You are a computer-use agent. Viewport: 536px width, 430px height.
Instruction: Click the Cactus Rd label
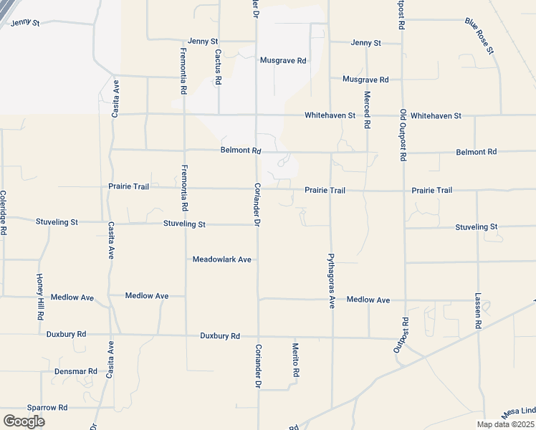216,67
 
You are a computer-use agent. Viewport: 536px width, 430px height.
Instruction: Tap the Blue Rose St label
479,36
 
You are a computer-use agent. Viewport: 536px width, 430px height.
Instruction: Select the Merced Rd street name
367,110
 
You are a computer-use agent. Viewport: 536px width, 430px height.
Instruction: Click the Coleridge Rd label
4,213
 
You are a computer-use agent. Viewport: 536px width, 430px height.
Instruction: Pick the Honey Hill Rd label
41,296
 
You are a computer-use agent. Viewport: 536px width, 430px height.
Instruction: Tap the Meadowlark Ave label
222,259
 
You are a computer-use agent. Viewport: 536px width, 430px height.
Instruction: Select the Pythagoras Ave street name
331,280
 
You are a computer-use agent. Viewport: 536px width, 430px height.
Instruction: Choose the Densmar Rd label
75,371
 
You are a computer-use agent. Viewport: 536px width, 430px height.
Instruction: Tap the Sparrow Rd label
47,407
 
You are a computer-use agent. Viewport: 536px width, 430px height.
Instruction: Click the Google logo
24,421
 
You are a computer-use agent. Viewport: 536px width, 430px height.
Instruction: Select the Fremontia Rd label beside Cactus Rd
184,71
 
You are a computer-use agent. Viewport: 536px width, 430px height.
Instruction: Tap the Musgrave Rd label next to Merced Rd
365,80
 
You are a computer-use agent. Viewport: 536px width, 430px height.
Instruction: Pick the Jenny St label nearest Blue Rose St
366,43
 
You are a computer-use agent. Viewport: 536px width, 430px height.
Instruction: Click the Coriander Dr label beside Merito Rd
257,366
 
